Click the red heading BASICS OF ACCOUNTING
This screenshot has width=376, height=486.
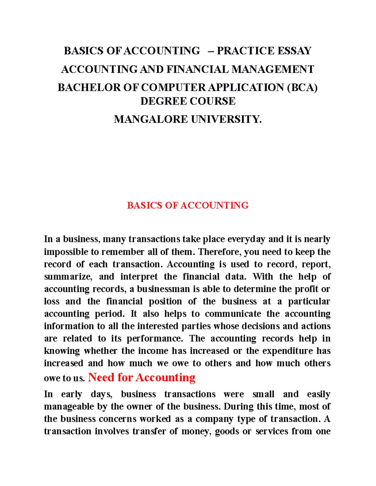tap(188, 205)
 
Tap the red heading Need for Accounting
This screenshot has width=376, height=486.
tap(142, 377)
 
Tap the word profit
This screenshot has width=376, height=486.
tap(306, 289)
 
